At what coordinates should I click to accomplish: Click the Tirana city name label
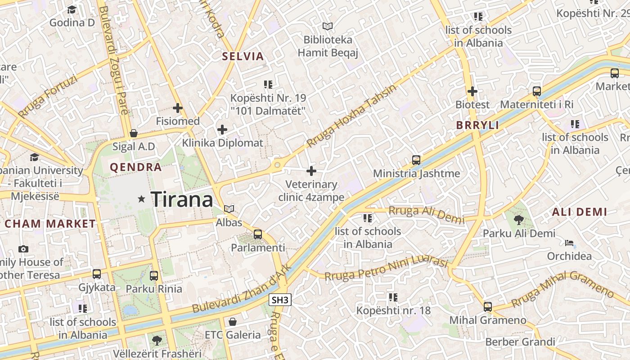pyautogui.click(x=181, y=199)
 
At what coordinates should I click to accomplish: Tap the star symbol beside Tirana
pyautogui.click(x=142, y=198)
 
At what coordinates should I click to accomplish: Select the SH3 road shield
pyautogui.click(x=280, y=300)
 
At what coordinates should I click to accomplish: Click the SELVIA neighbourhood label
pyautogui.click(x=243, y=56)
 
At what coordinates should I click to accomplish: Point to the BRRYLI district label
pyautogui.click(x=477, y=126)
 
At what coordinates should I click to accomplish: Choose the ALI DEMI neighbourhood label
pyautogui.click(x=579, y=212)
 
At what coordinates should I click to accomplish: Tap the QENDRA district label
pyautogui.click(x=136, y=167)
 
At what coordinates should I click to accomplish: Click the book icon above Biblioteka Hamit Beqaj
pyautogui.click(x=328, y=27)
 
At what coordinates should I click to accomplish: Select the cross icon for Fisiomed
pyautogui.click(x=178, y=108)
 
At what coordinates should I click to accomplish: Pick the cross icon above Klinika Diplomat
pyautogui.click(x=222, y=130)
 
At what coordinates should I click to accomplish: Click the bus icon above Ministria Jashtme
pyautogui.click(x=416, y=160)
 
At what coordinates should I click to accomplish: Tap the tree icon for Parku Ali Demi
pyautogui.click(x=519, y=220)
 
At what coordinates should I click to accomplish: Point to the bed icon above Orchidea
pyautogui.click(x=569, y=243)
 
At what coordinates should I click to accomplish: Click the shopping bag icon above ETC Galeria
pyautogui.click(x=233, y=322)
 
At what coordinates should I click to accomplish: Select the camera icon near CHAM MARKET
pyautogui.click(x=23, y=249)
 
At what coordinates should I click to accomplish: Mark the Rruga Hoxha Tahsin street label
pyautogui.click(x=351, y=116)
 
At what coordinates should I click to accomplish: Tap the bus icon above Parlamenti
pyautogui.click(x=258, y=234)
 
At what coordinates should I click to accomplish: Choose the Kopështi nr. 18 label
pyautogui.click(x=393, y=310)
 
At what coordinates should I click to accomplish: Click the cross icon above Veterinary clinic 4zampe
pyautogui.click(x=311, y=171)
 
